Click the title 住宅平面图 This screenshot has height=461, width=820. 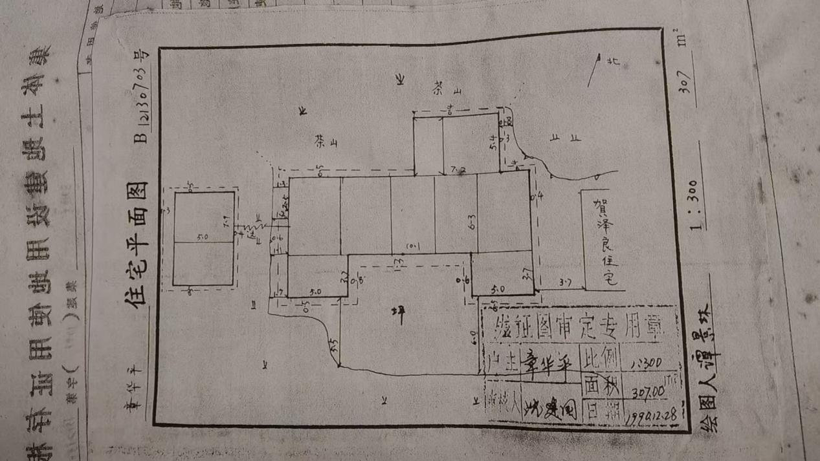tap(138, 244)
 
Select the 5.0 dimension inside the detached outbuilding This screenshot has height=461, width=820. tap(202, 237)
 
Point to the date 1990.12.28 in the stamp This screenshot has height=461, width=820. tap(650, 414)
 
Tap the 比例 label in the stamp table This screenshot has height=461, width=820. tap(601, 358)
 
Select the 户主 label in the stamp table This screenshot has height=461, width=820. tap(504, 362)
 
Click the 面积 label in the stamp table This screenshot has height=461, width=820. tap(601, 386)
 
